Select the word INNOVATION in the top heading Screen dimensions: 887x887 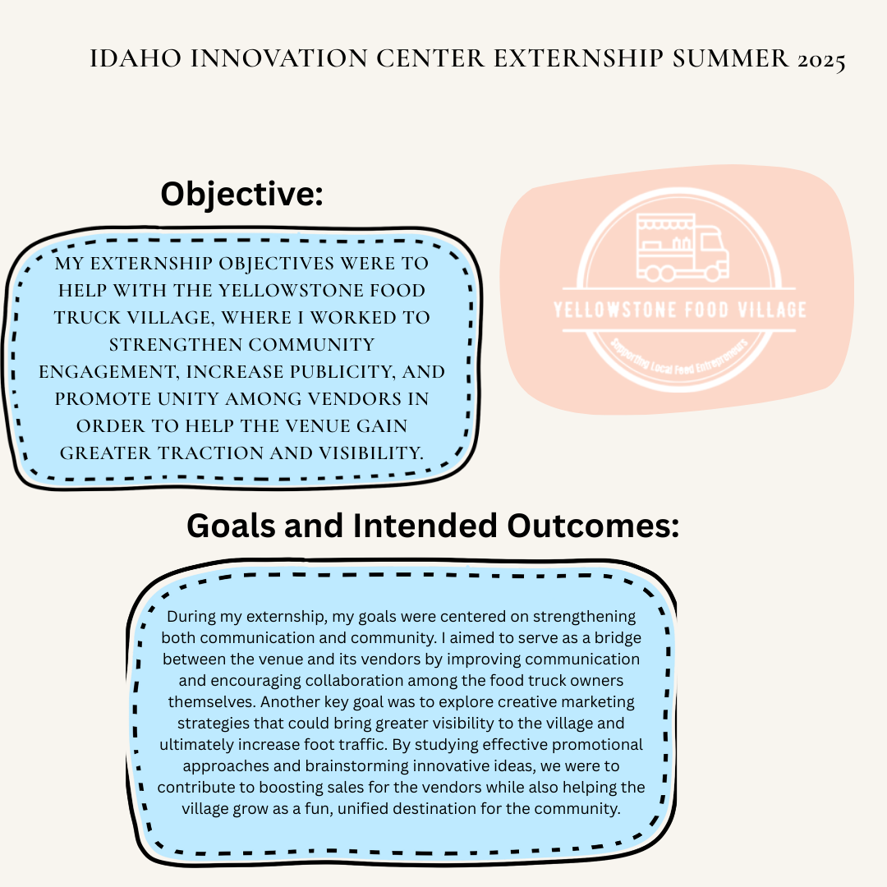point(279,59)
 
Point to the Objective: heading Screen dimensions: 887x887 point(241,194)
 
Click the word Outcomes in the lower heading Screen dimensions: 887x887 point(592,526)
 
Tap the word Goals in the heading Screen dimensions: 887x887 point(232,526)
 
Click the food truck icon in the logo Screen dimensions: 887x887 point(682,246)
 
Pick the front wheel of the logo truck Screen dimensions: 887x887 point(712,273)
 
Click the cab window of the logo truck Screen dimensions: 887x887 point(711,242)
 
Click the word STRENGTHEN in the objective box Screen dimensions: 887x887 point(174,344)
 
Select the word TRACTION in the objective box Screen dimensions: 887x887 point(210,453)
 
